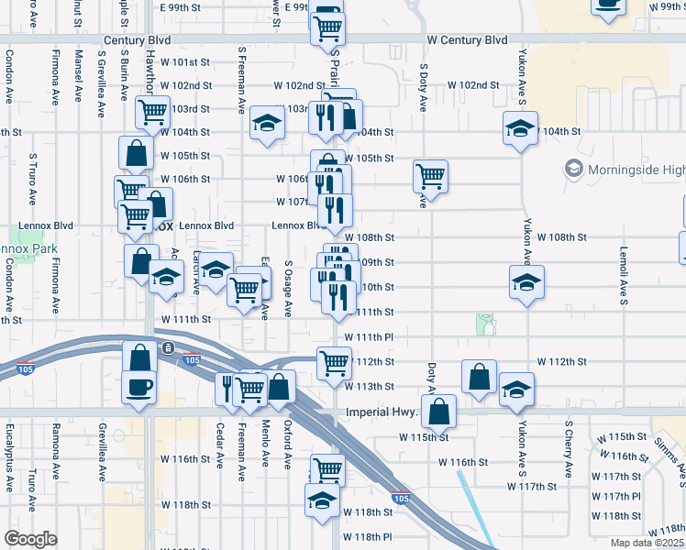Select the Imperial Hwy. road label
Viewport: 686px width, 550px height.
(x=382, y=412)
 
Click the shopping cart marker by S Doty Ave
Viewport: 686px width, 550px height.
(x=429, y=174)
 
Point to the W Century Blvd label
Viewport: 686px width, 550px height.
(x=468, y=41)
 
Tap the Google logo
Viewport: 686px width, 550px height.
(x=30, y=539)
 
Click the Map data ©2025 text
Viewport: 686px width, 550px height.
(x=646, y=543)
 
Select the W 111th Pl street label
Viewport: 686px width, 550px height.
(x=369, y=337)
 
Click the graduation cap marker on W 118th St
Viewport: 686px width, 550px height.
(x=321, y=500)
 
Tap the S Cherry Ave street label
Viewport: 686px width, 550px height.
(x=569, y=450)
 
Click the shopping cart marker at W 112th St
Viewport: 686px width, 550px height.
(x=334, y=364)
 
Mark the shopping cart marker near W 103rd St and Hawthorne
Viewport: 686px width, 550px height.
(x=152, y=112)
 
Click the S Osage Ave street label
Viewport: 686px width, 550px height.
(x=288, y=288)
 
